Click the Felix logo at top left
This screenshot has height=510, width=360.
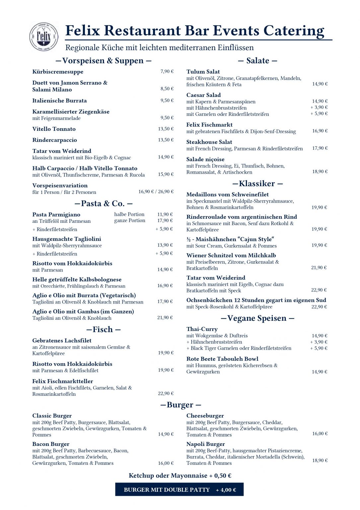tap(44, 37)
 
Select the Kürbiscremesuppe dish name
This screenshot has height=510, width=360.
tap(58, 72)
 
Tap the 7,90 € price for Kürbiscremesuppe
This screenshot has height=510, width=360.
tap(167, 71)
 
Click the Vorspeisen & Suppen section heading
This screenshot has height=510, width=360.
tap(103, 61)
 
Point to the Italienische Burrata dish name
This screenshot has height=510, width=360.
tap(59, 101)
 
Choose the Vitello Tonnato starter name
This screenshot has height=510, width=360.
tap(54, 129)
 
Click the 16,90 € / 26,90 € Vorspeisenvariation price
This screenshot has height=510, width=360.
tap(156, 192)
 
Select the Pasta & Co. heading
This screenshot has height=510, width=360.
tap(103, 204)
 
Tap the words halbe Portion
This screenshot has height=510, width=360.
tap(129, 214)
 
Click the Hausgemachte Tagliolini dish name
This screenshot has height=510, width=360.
tap(67, 239)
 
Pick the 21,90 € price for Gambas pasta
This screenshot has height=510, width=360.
tap(165, 318)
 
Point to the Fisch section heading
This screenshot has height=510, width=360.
tap(103, 330)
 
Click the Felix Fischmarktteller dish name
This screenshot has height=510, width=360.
tap(62, 381)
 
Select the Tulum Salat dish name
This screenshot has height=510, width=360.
tap(203, 72)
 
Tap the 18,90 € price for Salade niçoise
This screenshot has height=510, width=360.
tap(320, 172)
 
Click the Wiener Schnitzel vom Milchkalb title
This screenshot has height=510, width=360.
tap(231, 255)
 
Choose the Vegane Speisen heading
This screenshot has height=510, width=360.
tap(257, 318)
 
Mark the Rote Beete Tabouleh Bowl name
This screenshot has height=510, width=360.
tap(222, 359)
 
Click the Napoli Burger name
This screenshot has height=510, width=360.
tap(205, 444)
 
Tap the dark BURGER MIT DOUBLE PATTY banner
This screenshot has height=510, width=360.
tap(180, 490)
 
